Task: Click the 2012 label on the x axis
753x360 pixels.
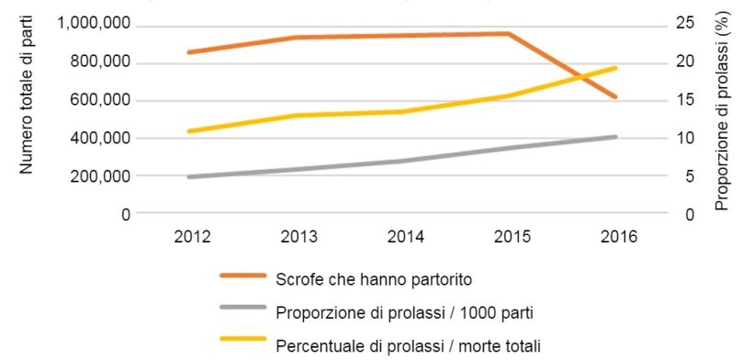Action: point(192,237)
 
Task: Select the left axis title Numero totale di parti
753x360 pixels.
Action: point(27,101)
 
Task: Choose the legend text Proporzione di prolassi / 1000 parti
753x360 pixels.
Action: point(405,312)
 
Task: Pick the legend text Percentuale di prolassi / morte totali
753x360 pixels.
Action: point(410,345)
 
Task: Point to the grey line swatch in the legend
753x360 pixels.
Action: point(242,311)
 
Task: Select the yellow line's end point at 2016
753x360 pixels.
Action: point(615,68)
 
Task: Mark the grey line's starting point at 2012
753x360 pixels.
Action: point(188,176)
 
